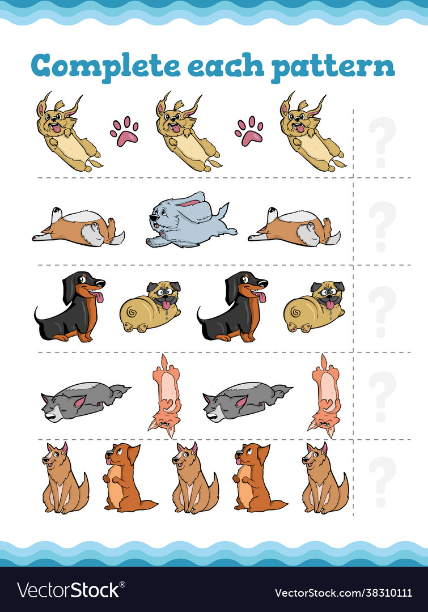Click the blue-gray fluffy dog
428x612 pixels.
coord(190,220)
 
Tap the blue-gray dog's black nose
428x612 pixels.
coord(151,218)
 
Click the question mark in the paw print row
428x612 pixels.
coord(382,142)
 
